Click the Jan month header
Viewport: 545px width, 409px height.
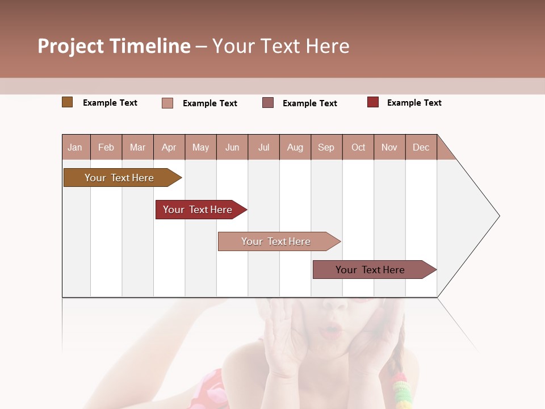[75, 148]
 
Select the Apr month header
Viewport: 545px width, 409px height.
[169, 148]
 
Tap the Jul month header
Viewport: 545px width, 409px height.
[263, 148]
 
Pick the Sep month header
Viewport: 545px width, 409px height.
[326, 148]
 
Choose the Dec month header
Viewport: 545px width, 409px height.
[421, 148]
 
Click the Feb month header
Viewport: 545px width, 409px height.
[106, 148]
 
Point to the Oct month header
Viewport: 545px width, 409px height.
[358, 148]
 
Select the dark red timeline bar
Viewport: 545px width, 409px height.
[198, 210]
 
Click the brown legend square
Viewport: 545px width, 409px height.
[67, 102]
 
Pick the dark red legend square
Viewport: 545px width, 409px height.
[372, 102]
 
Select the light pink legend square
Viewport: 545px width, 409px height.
[167, 103]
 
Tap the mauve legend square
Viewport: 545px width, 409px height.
[268, 103]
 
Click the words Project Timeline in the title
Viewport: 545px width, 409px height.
[114, 46]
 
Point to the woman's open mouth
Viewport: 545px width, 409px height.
[330, 331]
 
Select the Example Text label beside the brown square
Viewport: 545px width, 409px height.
[110, 103]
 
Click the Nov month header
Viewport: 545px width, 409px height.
[389, 148]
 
